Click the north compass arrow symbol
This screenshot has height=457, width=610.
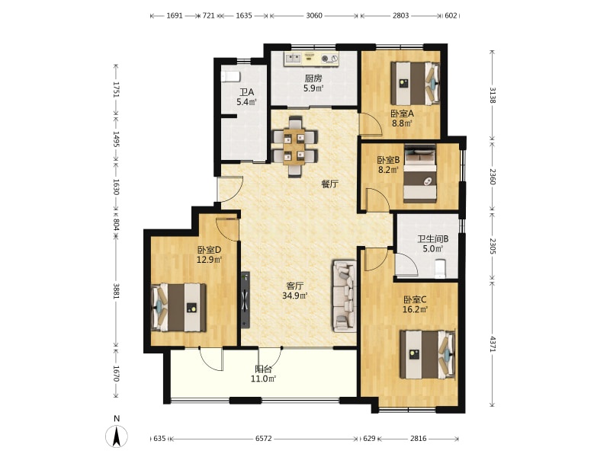point(117,436)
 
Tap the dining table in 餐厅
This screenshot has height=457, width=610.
point(294,147)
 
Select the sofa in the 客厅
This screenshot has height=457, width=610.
point(345,296)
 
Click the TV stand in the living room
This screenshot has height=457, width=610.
point(246,300)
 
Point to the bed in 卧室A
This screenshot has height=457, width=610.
point(416,83)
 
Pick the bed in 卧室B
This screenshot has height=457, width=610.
point(420,174)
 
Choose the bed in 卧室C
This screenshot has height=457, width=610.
point(428,354)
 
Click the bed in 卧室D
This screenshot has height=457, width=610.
point(178,308)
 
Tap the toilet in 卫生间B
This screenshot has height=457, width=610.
point(440,269)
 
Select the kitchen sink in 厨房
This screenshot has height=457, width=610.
point(293,59)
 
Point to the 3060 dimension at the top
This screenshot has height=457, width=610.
point(314,15)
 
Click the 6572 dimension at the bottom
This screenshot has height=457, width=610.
point(263,439)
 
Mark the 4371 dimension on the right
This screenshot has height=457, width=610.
point(492,344)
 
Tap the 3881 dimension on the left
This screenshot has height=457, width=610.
point(116,291)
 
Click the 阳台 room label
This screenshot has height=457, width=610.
point(263,369)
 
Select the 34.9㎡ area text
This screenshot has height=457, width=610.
point(294,296)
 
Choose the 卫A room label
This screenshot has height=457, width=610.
point(246,92)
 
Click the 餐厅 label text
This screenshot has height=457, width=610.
point(329,184)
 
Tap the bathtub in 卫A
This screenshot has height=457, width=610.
point(230,77)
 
